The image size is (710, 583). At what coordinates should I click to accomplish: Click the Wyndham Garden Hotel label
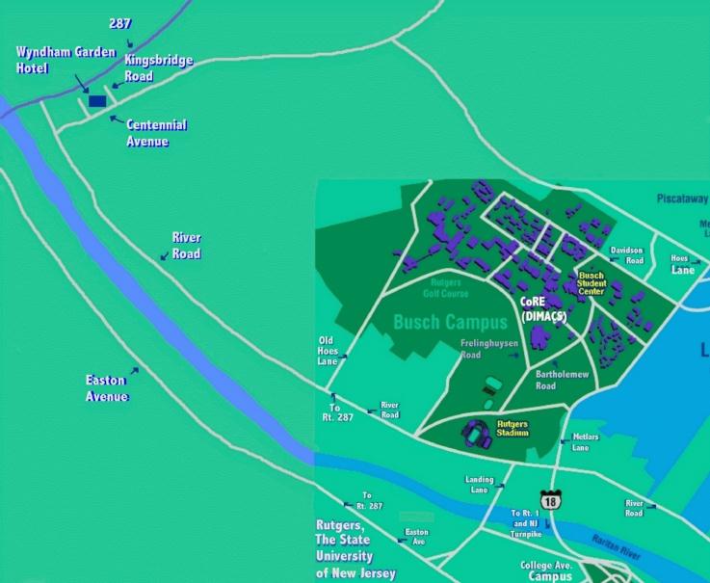(x=66, y=59)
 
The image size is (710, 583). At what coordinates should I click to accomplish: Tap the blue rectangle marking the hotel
(x=97, y=101)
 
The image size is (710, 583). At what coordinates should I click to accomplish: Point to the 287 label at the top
(x=119, y=22)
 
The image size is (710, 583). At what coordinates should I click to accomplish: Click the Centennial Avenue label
(x=156, y=133)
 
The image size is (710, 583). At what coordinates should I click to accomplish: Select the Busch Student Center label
(x=592, y=283)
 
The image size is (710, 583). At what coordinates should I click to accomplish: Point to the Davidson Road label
(x=626, y=254)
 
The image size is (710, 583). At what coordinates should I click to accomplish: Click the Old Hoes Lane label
(x=329, y=350)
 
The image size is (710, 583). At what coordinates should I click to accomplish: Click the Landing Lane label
(x=479, y=484)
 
